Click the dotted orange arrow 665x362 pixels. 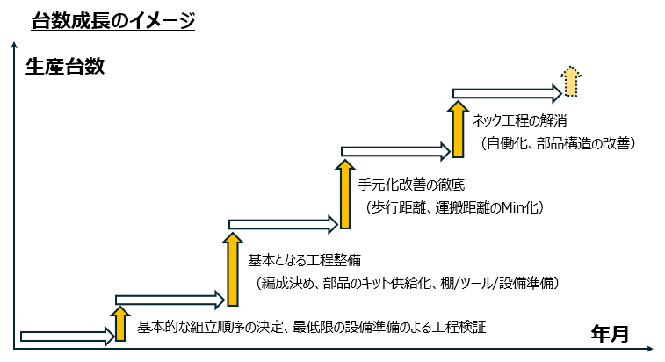[x=571, y=82]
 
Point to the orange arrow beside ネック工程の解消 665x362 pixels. [x=457, y=128]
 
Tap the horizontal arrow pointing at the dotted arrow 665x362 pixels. [x=506, y=91]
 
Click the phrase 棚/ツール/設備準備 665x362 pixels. [x=496, y=283]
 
